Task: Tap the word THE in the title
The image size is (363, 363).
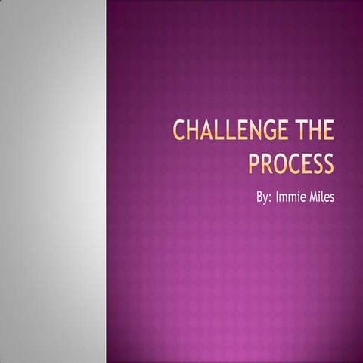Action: pos(312,132)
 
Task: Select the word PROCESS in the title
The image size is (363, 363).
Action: pos(291,163)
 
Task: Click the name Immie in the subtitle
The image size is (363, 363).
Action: pos(292,198)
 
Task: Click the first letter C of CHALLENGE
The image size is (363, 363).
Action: pos(179,132)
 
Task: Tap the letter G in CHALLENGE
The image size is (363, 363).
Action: pos(260,132)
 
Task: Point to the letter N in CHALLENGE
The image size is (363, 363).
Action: pos(247,132)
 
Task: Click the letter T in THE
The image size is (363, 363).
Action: pos(296,132)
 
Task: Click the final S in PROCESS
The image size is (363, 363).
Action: pos(328,163)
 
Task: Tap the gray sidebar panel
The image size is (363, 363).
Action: pos(53,181)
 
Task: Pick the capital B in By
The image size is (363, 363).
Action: pos(259,198)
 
